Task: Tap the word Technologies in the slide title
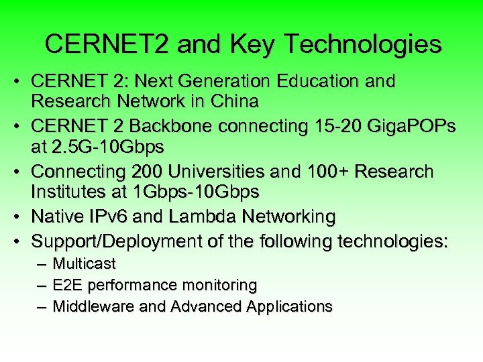[x=363, y=44]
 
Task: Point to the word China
[x=235, y=102]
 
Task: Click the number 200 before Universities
[x=152, y=172]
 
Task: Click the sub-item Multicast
[x=84, y=263]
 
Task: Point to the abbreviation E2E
[x=66, y=285]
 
